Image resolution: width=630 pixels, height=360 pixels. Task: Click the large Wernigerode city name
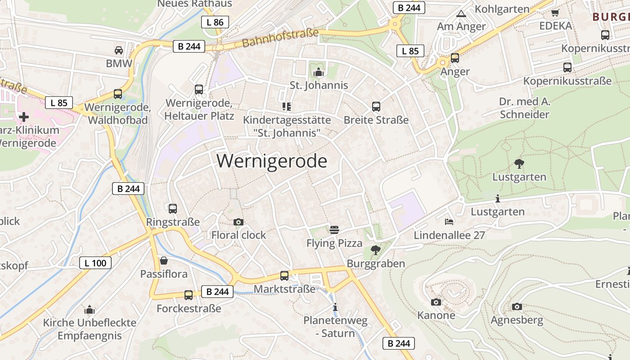pos(272,161)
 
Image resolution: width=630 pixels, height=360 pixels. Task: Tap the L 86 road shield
pos(215,22)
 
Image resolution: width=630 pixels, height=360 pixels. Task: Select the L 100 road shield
pos(95,263)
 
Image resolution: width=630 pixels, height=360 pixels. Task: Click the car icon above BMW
pos(119,50)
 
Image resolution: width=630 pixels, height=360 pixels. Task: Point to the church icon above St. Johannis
pos(319,72)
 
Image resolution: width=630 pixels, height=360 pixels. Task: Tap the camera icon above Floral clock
pos(238,222)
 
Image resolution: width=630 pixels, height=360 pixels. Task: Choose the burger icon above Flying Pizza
pos(334,230)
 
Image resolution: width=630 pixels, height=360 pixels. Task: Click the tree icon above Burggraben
pos(375,250)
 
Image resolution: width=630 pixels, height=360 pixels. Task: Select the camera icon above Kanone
pos(436,302)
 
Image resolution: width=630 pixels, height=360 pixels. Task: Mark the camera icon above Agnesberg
pos(517,306)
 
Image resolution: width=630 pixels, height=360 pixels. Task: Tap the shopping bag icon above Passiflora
pos(164,261)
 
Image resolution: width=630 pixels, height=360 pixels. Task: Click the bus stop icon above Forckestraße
pos(189,295)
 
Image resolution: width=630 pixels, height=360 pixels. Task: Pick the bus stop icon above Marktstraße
pos(284,275)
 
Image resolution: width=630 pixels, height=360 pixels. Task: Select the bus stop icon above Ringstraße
pos(173,208)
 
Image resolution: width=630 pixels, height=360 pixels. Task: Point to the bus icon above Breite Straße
pos(376,107)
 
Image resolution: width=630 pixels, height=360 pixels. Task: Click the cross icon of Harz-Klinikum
pos(24,117)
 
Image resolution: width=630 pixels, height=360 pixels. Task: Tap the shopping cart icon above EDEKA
pos(555,13)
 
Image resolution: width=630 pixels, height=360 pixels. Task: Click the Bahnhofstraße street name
pos(280,38)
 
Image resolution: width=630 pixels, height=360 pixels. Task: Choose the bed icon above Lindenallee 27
pos(449,221)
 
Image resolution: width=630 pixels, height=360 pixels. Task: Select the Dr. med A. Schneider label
pos(525,108)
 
